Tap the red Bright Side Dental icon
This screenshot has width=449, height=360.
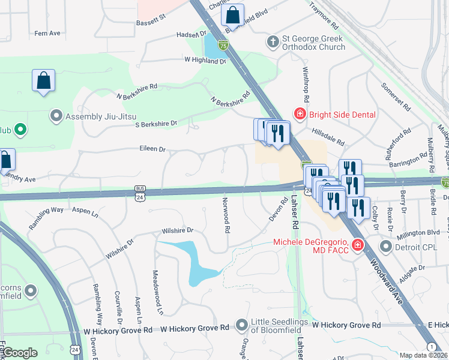(298, 114)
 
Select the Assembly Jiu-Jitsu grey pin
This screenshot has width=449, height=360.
(57, 116)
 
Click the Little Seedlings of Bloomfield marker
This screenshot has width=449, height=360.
(242, 325)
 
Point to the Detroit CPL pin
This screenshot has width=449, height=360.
(385, 247)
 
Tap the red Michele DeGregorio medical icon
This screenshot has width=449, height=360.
(358, 245)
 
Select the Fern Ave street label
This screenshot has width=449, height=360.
(47, 33)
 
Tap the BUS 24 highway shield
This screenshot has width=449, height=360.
(140, 191)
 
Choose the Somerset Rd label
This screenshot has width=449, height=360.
(395, 96)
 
